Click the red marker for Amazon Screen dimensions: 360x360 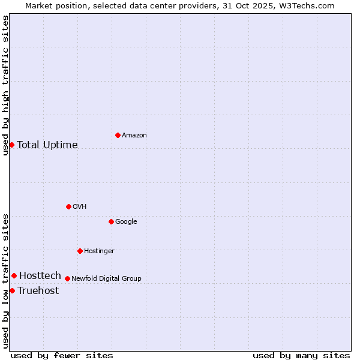[118, 135]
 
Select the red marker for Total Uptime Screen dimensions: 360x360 [11, 145]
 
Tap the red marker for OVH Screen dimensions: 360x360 [68, 206]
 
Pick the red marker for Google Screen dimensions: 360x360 [111, 221]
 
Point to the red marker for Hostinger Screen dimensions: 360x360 [80, 251]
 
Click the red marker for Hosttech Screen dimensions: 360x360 [14, 275]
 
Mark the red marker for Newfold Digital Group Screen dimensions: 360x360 [67, 278]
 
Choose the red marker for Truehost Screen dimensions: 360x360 [12, 290]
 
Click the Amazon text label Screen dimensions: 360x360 [134, 136]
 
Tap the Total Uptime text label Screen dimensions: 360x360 [47, 145]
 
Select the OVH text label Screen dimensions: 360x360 [80, 207]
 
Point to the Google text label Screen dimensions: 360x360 [126, 222]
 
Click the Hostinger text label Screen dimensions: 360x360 [99, 251]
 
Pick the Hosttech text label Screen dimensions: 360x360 [40, 276]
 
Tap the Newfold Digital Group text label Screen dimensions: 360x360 [106, 279]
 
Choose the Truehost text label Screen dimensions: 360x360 [38, 291]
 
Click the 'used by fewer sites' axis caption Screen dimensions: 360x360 [62, 355]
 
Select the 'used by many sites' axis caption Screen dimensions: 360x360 [301, 355]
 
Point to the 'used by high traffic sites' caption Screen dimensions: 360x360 [5, 85]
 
